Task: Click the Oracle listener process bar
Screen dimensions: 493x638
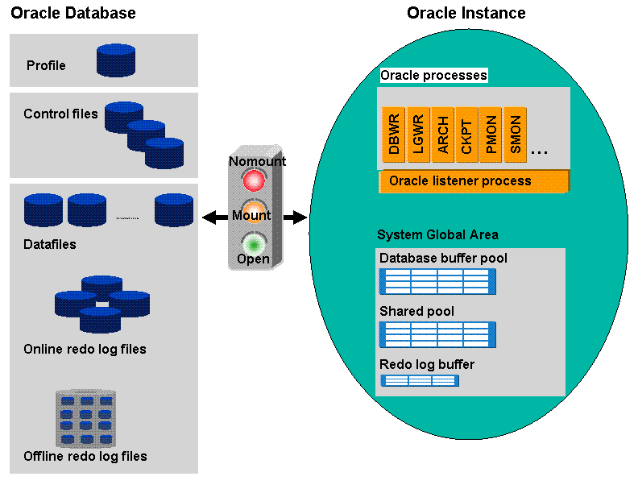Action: point(474,180)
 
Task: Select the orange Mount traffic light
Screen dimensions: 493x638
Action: point(255,213)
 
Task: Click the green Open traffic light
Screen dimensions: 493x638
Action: point(255,243)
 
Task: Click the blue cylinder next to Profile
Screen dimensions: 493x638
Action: point(116,60)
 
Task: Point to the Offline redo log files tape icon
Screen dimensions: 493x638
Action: point(85,418)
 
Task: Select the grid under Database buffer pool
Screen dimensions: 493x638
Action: point(437,281)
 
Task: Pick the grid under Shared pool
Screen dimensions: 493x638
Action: point(437,334)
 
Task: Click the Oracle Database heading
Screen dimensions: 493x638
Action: point(73,14)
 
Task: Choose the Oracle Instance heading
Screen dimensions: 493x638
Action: point(466,14)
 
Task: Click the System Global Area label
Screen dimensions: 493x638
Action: point(437,235)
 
